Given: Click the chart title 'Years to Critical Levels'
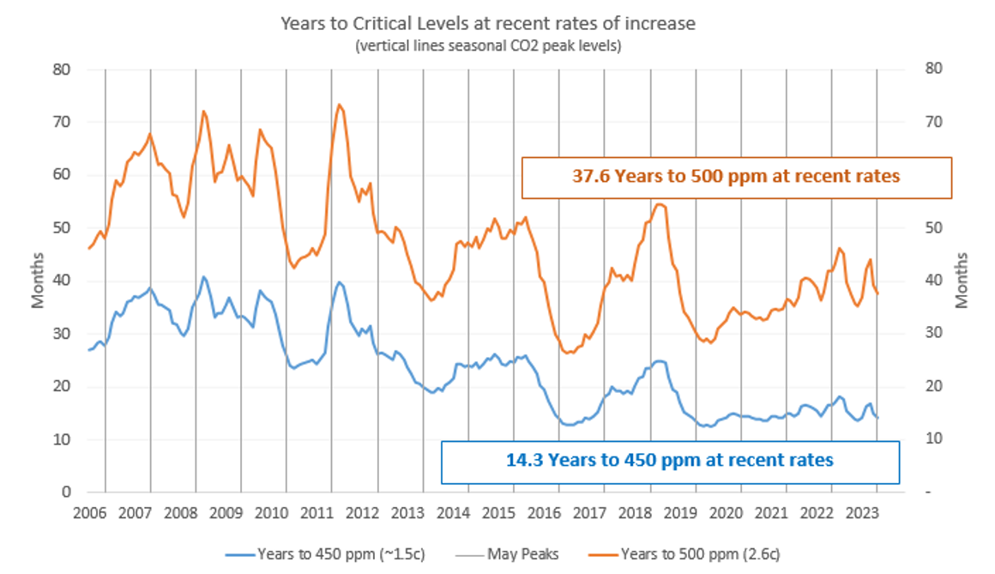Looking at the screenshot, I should click(x=488, y=23).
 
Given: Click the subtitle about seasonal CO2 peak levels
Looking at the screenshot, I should click(x=488, y=45).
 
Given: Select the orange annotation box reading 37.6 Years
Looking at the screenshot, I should click(x=736, y=176).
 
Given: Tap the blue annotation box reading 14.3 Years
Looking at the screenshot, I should click(x=669, y=460).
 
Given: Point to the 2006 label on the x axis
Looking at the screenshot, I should click(x=89, y=514).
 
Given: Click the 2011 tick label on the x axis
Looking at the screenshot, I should click(x=317, y=514).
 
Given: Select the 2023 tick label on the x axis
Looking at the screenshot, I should click(x=861, y=514).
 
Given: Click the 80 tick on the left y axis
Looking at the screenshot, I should click(x=60, y=69).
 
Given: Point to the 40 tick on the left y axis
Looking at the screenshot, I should click(x=60, y=281).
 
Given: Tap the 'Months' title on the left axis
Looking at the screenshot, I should click(x=38, y=281).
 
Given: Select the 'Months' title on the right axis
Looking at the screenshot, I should click(x=961, y=281).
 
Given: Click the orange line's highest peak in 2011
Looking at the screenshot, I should click(x=340, y=105).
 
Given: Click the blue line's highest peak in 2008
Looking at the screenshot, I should click(x=203, y=276).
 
